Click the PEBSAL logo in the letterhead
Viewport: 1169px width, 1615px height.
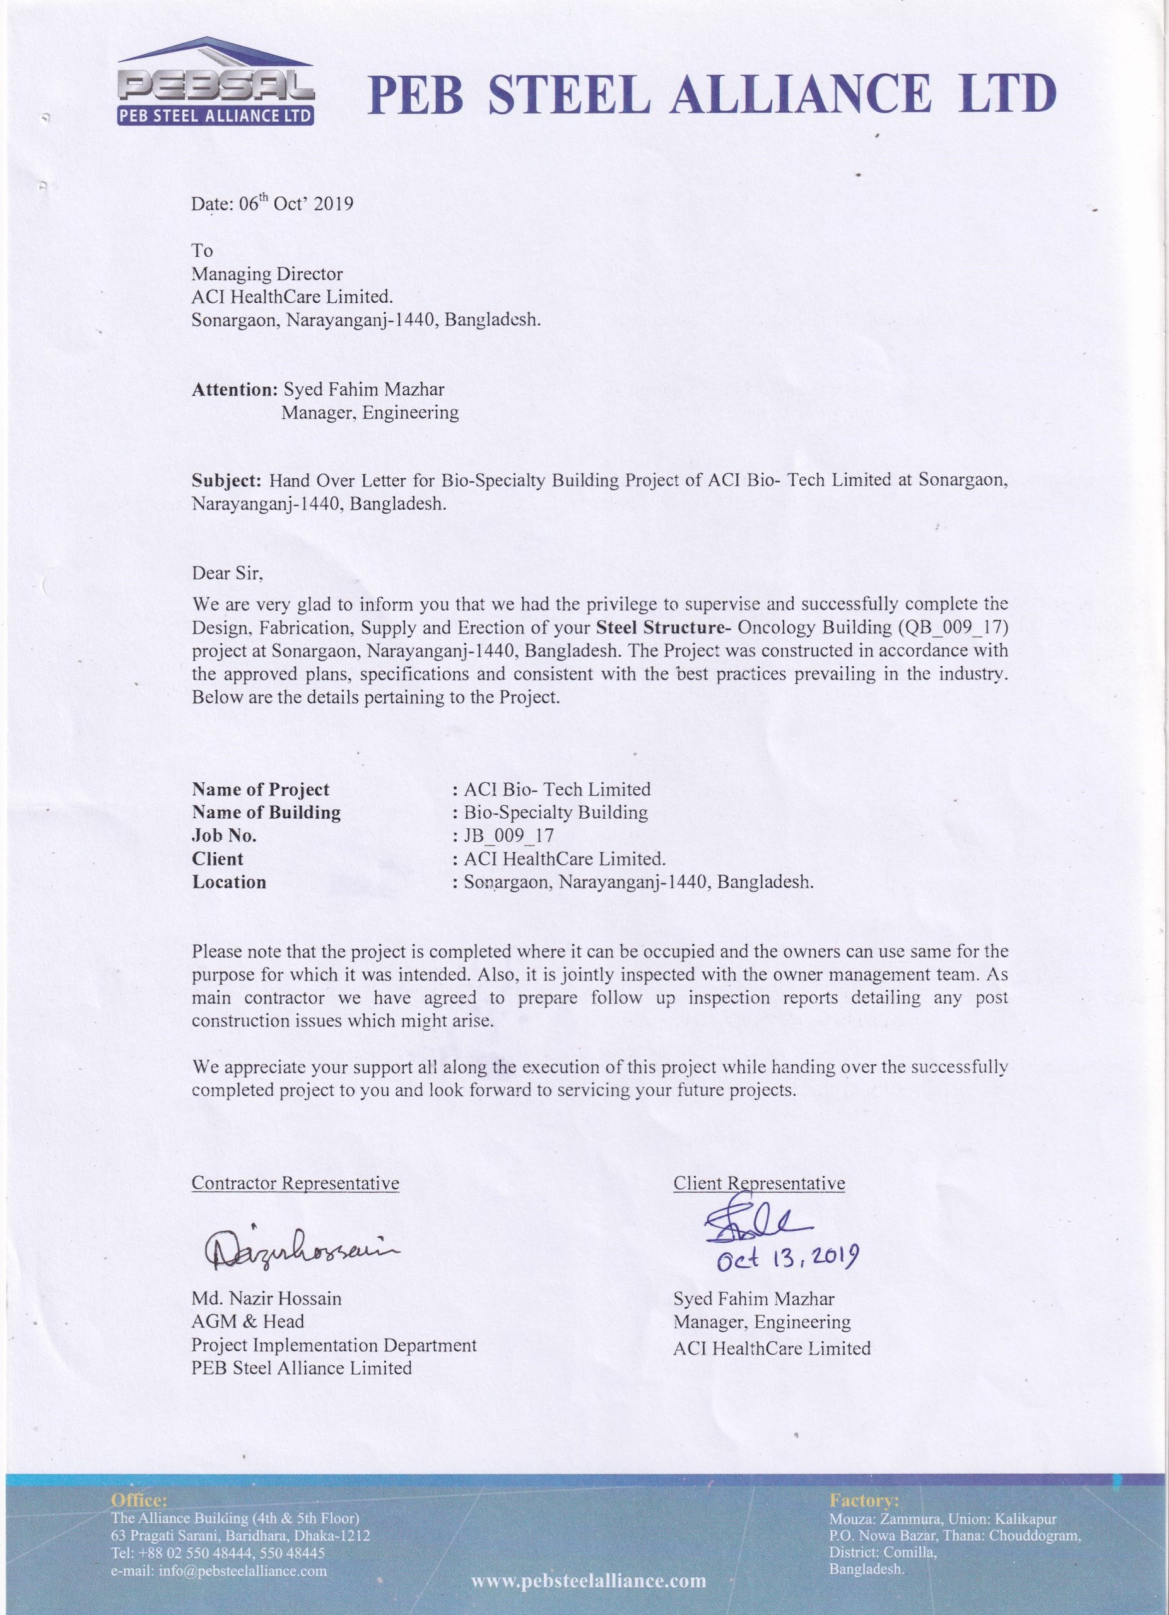tap(215, 82)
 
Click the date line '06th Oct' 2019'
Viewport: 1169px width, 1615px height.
tap(272, 204)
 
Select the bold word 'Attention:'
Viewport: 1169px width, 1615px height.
tap(234, 389)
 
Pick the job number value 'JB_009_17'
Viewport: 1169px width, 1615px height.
tap(508, 835)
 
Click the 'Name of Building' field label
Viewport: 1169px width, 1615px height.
tap(266, 813)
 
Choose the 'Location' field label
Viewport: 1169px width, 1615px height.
tap(228, 883)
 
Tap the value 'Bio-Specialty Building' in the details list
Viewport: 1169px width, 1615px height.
tap(555, 813)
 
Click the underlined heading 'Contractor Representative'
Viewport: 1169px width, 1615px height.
tap(295, 1183)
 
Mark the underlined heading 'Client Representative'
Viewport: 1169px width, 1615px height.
tap(759, 1183)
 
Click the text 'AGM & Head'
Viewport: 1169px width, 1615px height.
tap(248, 1322)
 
